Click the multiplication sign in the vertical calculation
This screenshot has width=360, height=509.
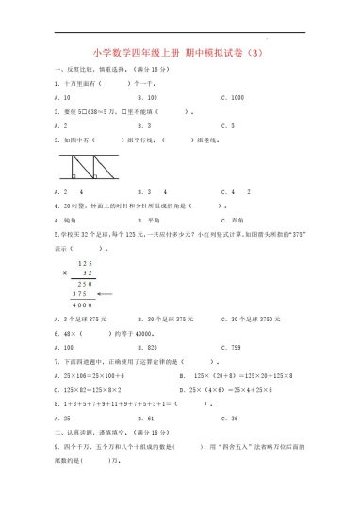(x=63, y=271)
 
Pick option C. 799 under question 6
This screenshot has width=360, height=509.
(x=231, y=346)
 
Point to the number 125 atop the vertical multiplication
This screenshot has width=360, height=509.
(x=86, y=262)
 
